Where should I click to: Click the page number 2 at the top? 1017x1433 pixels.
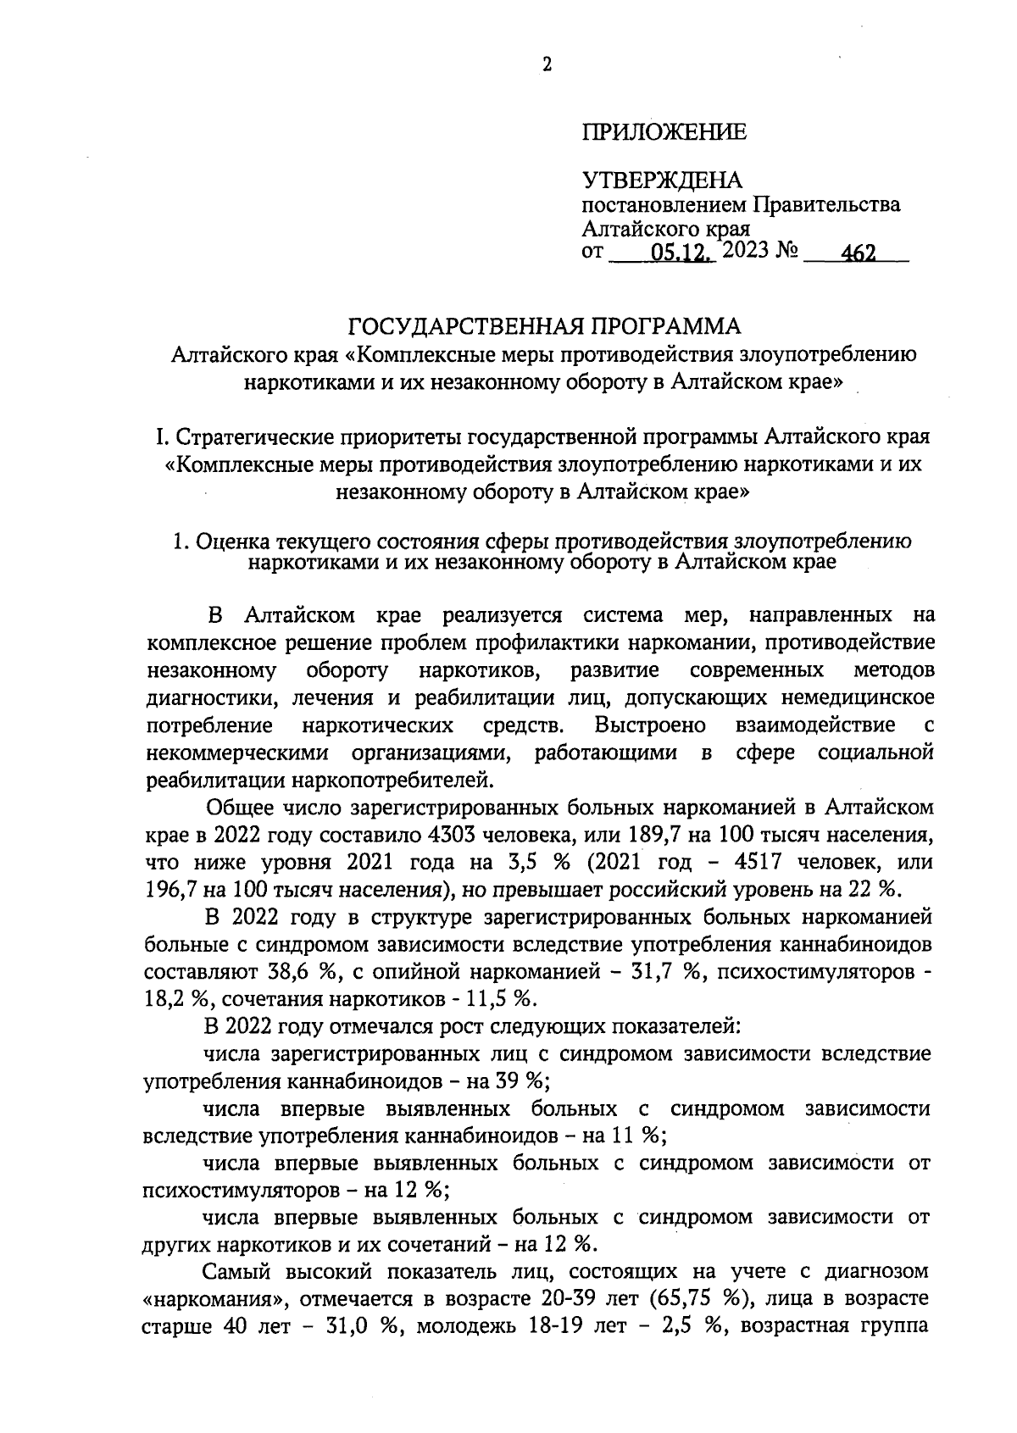pos(547,64)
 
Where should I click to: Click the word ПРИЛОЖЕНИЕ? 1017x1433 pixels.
pos(664,132)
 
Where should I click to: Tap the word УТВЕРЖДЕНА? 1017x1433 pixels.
pos(661,181)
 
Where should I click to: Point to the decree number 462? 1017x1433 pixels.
pos(858,253)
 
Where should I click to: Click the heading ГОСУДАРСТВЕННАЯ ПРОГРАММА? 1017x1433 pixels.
pos(546,326)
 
